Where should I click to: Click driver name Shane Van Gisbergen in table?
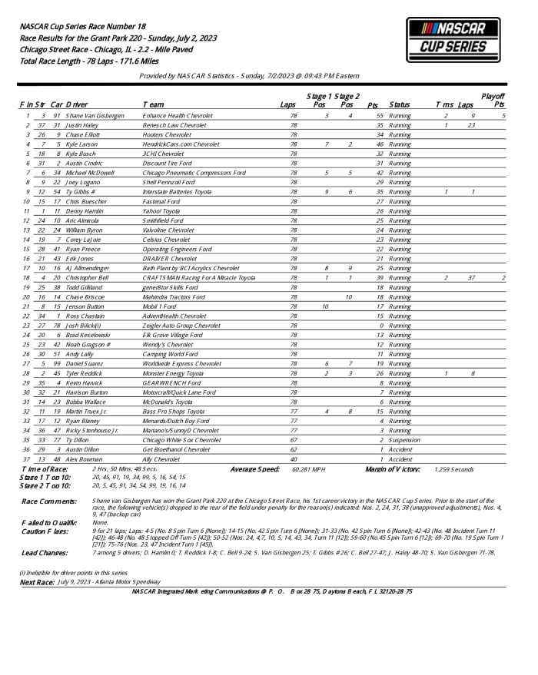(x=95, y=115)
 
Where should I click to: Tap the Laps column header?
(x=288, y=104)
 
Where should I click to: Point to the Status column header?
(x=399, y=104)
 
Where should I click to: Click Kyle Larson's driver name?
(x=81, y=144)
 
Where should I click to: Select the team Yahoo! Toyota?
(x=164, y=210)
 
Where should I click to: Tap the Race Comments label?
(x=48, y=501)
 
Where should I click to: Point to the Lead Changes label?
(x=44, y=551)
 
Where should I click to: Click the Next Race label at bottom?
(x=36, y=582)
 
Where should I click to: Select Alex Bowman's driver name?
(x=83, y=459)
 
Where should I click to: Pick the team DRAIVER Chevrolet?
(x=170, y=258)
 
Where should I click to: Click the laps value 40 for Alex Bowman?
(x=293, y=459)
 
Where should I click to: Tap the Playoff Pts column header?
(x=493, y=100)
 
